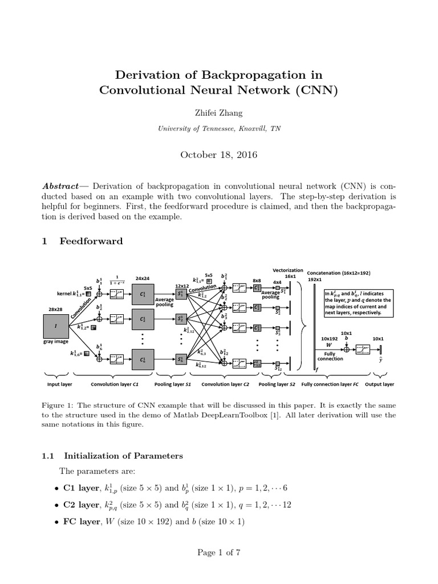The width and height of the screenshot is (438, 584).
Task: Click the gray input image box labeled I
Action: tap(55, 326)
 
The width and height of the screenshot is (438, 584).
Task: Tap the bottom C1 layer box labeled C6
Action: tap(142, 359)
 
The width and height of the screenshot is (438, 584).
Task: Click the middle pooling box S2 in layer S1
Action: tap(180, 318)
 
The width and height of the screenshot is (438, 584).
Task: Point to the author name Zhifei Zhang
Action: tap(219, 113)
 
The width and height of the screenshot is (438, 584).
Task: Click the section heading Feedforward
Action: tap(91, 241)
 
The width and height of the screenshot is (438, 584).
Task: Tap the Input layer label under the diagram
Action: tap(59, 384)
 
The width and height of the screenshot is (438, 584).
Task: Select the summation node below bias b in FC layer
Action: tap(346, 349)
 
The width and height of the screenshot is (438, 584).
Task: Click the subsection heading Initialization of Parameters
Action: tap(123, 456)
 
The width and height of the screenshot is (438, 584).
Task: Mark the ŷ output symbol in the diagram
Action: tap(380, 360)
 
